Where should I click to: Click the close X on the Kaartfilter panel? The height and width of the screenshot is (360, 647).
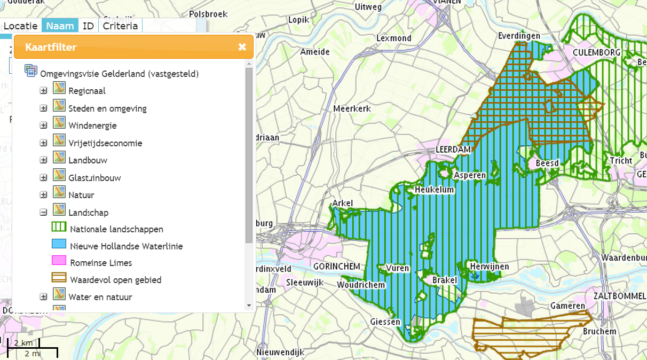tap(242, 47)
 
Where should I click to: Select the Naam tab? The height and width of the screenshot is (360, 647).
tap(60, 26)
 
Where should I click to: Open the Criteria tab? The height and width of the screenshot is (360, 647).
tap(120, 26)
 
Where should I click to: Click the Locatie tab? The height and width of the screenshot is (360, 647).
tap(21, 26)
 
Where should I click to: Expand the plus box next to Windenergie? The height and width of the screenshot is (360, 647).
tap(44, 126)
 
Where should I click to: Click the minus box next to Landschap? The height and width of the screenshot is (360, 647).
tap(44, 212)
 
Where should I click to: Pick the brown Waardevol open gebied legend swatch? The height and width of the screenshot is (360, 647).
tap(59, 278)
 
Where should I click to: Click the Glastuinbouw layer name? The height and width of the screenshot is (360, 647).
tap(92, 178)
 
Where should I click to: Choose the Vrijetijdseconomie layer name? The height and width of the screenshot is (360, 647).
tap(105, 143)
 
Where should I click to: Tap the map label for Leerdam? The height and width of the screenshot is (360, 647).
tap(453, 150)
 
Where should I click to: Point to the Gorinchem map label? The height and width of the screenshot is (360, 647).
tap(337, 267)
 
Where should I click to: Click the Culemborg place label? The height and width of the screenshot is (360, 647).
tap(596, 52)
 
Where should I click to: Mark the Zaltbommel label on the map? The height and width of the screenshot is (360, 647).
tap(619, 296)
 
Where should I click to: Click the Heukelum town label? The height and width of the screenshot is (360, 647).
tap(434, 190)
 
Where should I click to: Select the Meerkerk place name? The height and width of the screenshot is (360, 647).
tap(352, 109)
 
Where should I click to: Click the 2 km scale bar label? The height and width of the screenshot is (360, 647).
tap(23, 342)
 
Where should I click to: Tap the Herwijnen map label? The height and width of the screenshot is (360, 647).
tap(490, 267)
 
